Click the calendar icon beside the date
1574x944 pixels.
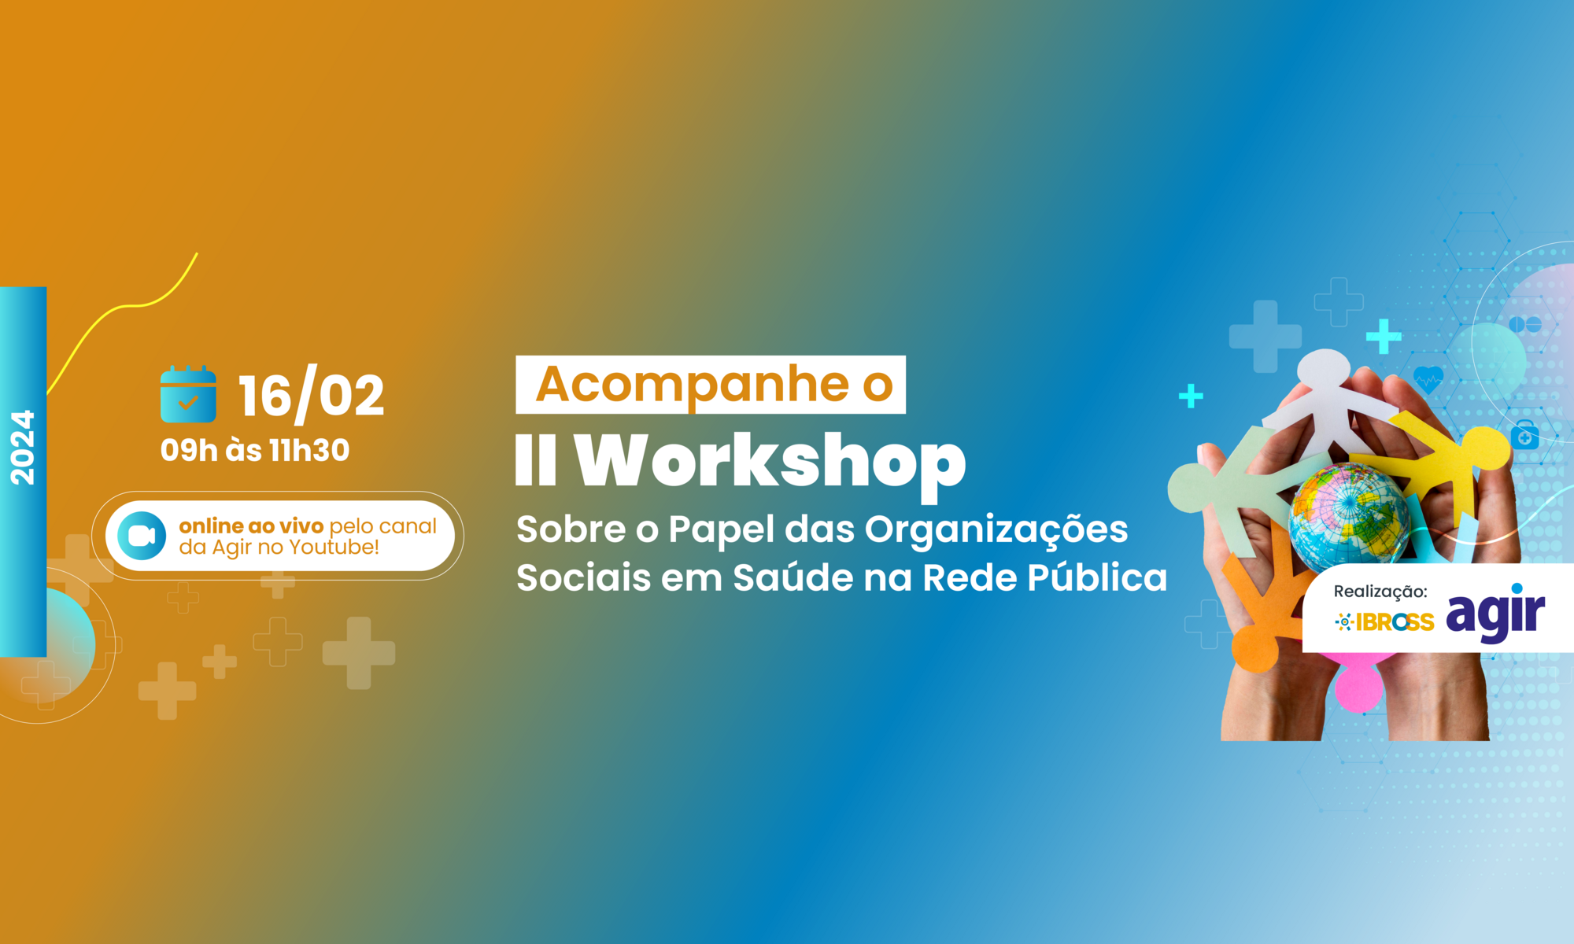(x=188, y=394)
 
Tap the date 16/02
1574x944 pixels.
(x=312, y=395)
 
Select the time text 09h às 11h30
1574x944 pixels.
(x=255, y=450)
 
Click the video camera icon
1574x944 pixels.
(x=142, y=536)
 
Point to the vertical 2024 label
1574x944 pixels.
(x=23, y=447)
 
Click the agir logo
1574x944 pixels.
(x=1495, y=613)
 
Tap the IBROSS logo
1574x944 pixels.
(x=1384, y=622)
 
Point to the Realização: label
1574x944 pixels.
(x=1380, y=592)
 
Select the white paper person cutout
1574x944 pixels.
(x=1330, y=401)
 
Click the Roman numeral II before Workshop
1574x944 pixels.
(x=536, y=459)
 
